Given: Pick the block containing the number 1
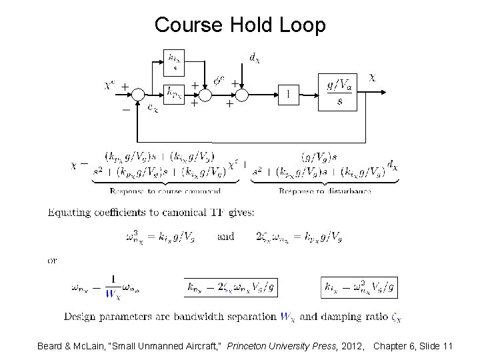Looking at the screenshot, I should pyautogui.click(x=288, y=94).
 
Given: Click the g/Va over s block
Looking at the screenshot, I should pyautogui.click(x=340, y=93).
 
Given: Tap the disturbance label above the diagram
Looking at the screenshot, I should pyautogui.click(x=254, y=59).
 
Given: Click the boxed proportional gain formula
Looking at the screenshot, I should pyautogui.click(x=231, y=287).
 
